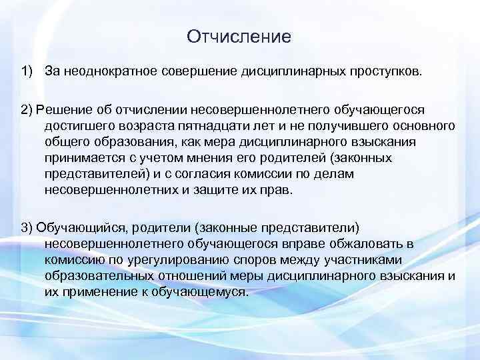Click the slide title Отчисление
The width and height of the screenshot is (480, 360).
tap(239, 36)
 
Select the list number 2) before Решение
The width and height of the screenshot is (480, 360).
tap(27, 109)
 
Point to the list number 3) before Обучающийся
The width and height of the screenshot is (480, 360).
tap(27, 228)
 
